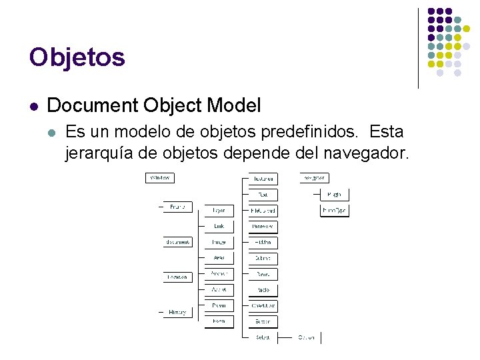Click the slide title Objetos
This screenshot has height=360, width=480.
(x=77, y=57)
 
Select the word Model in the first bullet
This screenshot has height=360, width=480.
(x=234, y=105)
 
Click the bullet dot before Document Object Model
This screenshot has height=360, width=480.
(x=33, y=106)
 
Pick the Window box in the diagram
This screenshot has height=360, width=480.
(x=160, y=178)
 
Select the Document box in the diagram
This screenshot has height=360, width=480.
(x=178, y=242)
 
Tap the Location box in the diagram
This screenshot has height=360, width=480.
(x=178, y=277)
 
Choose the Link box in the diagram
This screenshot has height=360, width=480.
(x=219, y=226)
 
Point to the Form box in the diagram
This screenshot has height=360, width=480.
(x=219, y=321)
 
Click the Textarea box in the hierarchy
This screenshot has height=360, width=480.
(x=263, y=179)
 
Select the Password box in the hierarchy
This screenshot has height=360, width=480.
(x=263, y=226)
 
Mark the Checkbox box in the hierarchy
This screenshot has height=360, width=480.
(x=263, y=305)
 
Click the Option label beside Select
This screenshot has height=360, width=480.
(x=306, y=337)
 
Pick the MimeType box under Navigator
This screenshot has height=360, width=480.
(x=335, y=210)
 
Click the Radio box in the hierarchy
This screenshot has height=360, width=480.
(x=263, y=290)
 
